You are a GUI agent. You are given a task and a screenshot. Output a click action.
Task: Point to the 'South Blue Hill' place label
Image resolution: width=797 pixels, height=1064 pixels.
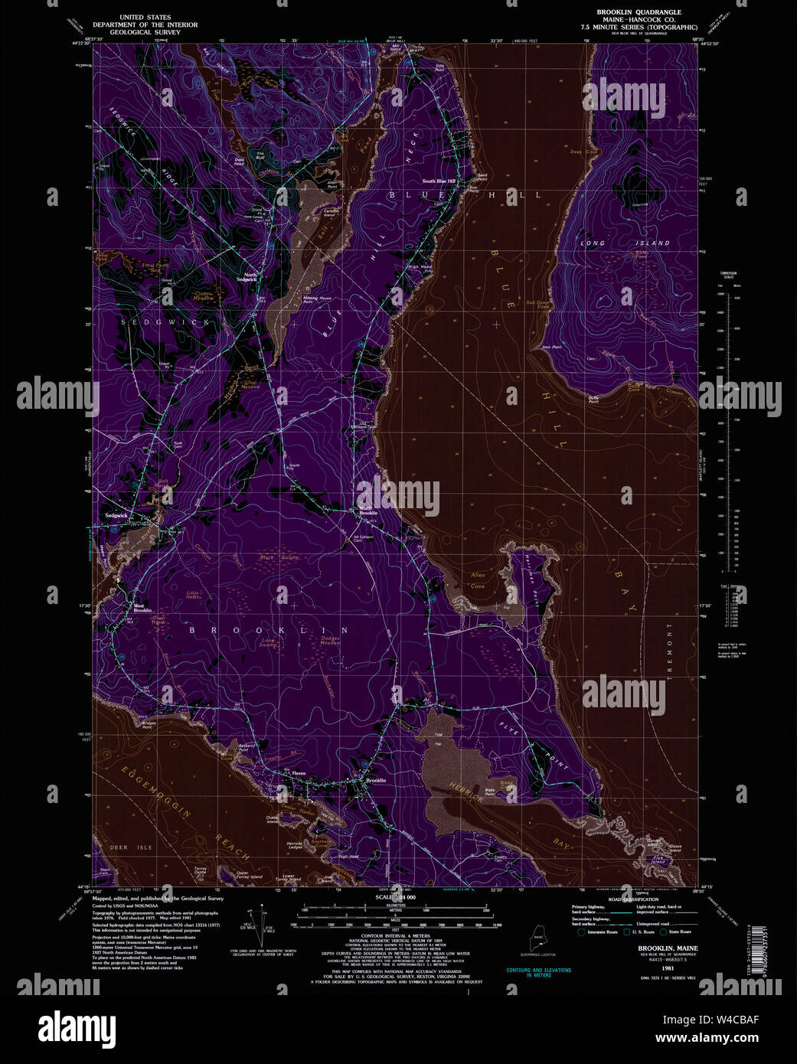439,181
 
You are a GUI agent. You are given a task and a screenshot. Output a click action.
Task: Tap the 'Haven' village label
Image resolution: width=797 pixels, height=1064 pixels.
299,774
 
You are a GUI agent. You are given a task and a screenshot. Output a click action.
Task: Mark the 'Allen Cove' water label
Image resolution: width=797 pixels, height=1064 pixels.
478,580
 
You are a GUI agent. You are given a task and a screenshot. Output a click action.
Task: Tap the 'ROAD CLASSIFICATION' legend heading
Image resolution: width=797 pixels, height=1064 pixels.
635,899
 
